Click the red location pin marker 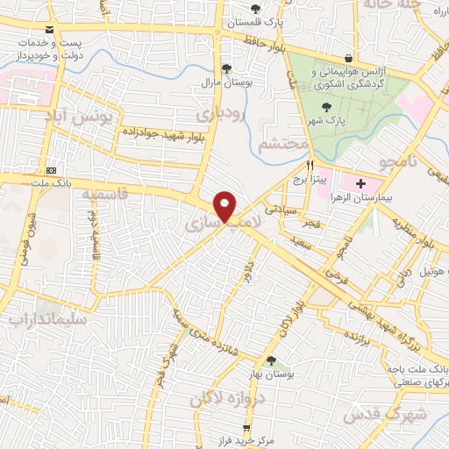(x=226, y=205)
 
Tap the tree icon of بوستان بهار (x=270, y=360)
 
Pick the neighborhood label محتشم (x=284, y=143)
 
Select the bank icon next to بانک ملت (x=50, y=169)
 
